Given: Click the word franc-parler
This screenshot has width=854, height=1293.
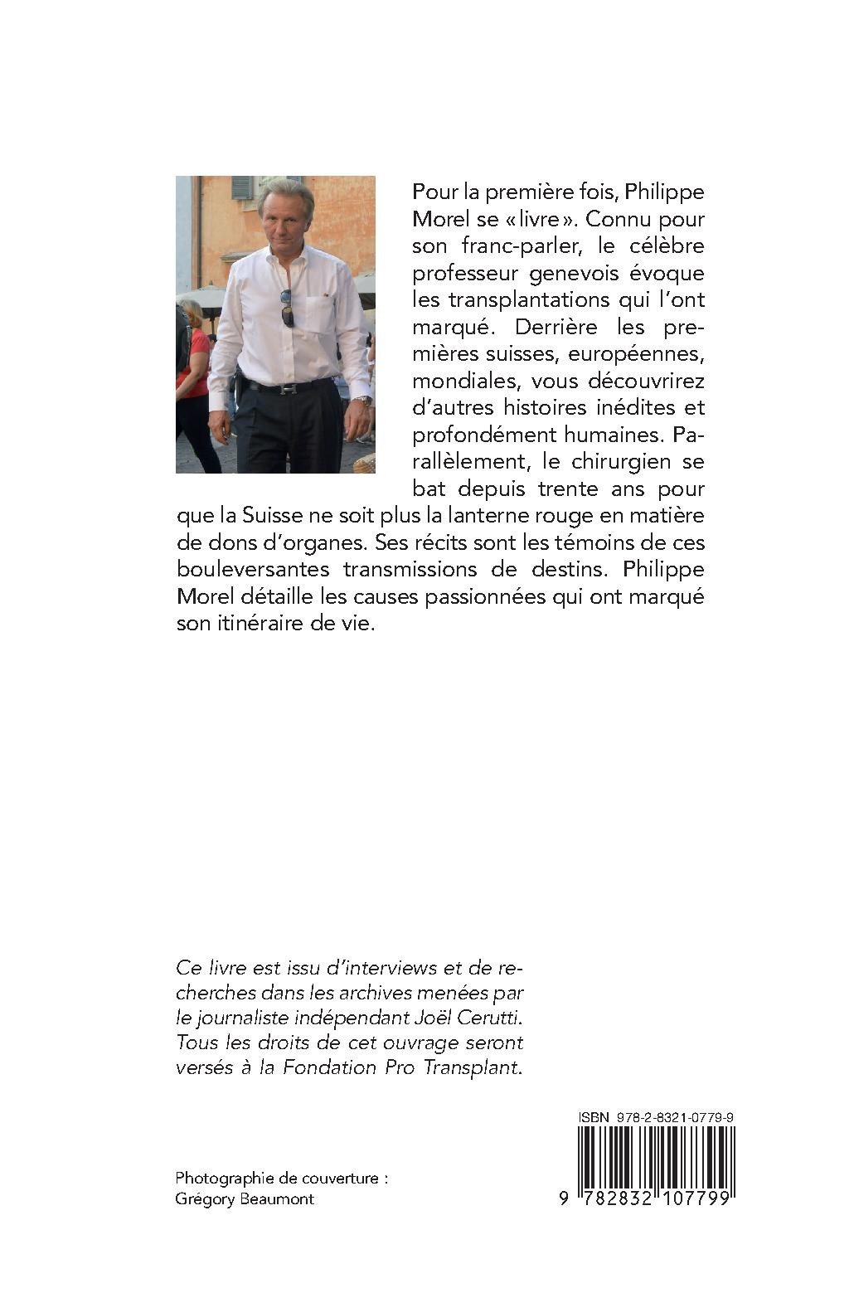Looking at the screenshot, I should [x=509, y=246].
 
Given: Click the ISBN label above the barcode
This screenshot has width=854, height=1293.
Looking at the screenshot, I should [x=593, y=1117].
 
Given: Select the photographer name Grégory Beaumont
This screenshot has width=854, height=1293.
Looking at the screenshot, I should [x=245, y=1198].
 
